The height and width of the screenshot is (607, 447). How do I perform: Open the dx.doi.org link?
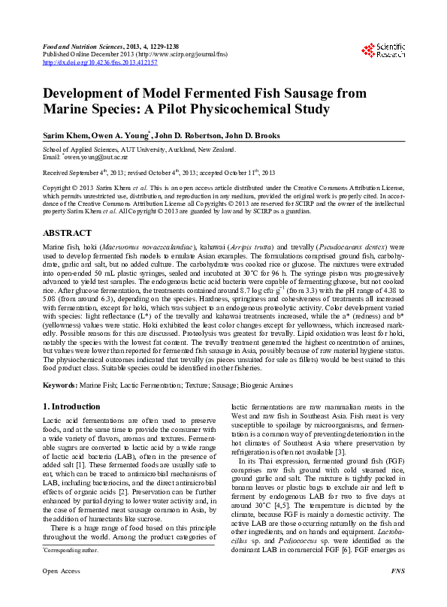(x=100, y=62)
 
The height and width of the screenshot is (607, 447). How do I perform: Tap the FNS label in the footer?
(x=397, y=592)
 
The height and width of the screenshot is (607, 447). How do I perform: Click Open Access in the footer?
(x=62, y=592)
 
